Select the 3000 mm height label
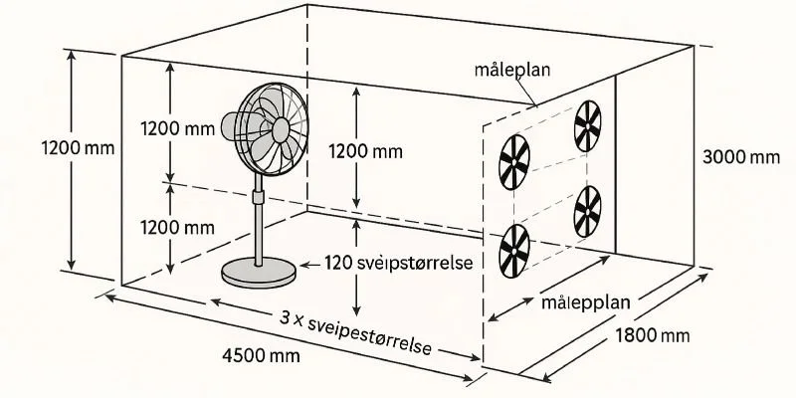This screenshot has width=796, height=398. [740, 156]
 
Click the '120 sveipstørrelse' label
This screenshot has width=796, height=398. [398, 264]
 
